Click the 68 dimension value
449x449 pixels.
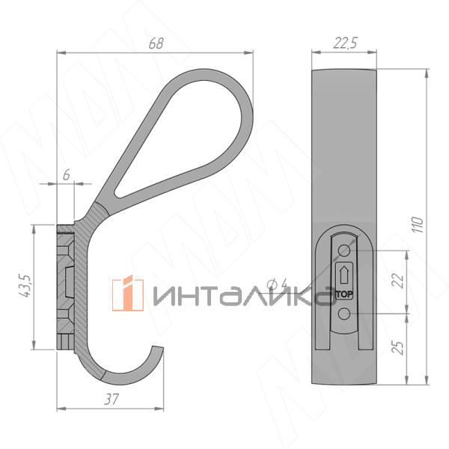(x=156, y=43)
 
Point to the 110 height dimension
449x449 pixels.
(x=418, y=224)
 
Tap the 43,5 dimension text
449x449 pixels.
(x=25, y=286)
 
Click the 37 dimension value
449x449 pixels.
(x=111, y=399)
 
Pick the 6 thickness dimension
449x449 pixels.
(x=66, y=174)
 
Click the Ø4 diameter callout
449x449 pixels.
(x=277, y=284)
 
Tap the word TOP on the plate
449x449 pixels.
(x=344, y=294)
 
